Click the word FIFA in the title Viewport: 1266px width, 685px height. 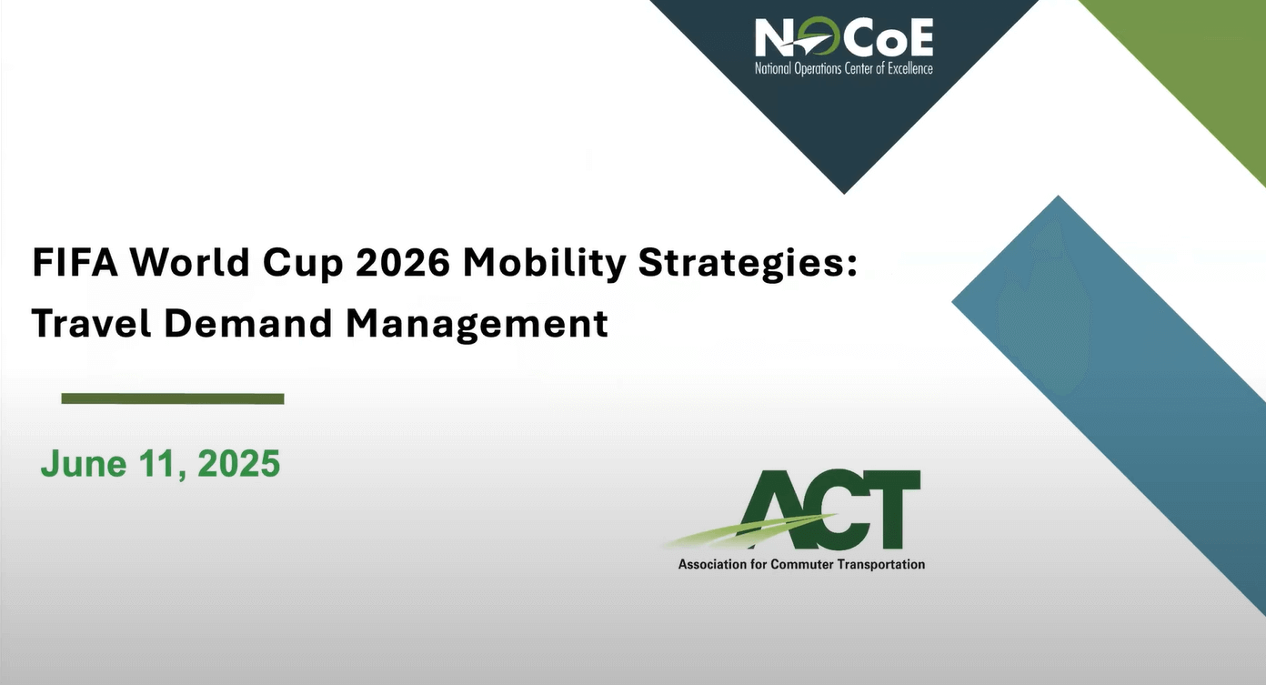pyautogui.click(x=75, y=262)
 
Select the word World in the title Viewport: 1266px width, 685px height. pyautogui.click(x=190, y=262)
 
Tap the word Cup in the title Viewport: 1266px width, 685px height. pyautogui.click(x=303, y=266)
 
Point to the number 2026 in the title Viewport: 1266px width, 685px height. pyautogui.click(x=403, y=262)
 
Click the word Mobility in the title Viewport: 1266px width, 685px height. pyautogui.click(x=545, y=265)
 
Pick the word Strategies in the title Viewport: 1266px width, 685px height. pyautogui.click(x=743, y=265)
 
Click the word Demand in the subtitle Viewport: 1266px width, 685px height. pyautogui.click(x=248, y=323)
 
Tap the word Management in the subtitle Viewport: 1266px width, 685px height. pyautogui.click(x=477, y=325)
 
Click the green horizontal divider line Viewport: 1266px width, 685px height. pyautogui.click(x=173, y=399)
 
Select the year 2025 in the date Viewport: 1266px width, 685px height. pyautogui.click(x=239, y=463)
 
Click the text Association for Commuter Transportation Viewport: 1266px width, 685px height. pyautogui.click(x=801, y=564)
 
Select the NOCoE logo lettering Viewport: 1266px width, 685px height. pyautogui.click(x=844, y=37)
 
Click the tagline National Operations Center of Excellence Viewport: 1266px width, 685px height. pyautogui.click(x=844, y=69)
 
